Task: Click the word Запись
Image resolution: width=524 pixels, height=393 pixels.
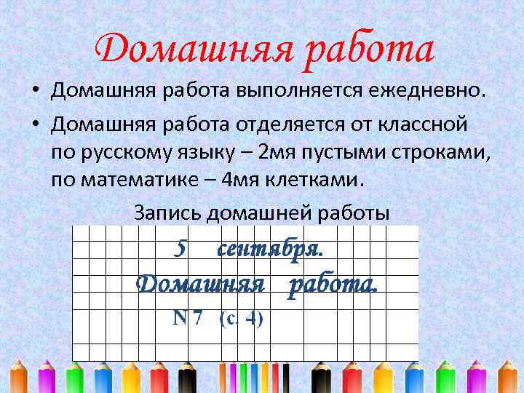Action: pos(168,213)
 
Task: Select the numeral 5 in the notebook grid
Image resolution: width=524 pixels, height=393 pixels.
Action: pos(182,249)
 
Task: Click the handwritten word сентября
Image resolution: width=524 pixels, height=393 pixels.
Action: pos(270,249)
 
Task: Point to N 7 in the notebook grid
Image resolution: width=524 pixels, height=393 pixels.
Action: pos(188,317)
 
